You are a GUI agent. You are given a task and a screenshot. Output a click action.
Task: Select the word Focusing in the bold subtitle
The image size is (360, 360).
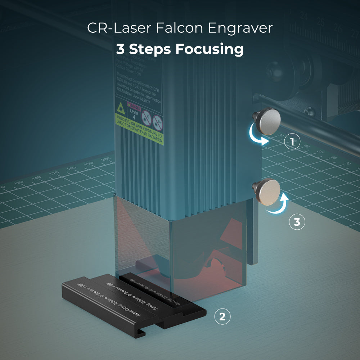click(x=210, y=49)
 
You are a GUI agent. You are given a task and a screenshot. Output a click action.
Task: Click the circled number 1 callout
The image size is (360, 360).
click(x=292, y=142)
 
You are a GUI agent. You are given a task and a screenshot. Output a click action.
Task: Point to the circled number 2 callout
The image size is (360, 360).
click(x=222, y=317)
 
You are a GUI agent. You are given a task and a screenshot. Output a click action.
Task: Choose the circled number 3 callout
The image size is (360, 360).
click(x=297, y=222)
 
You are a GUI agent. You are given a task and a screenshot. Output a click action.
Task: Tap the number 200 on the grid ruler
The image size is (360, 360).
click(x=105, y=159)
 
